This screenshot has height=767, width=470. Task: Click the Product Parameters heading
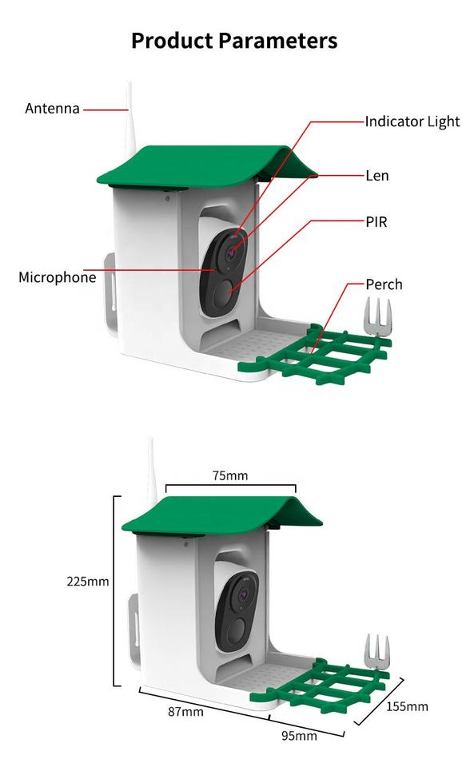pyautogui.click(x=234, y=41)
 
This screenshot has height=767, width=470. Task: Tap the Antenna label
pyautogui.click(x=53, y=108)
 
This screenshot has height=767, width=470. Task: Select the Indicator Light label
pyautogui.click(x=412, y=121)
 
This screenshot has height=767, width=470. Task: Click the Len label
pyautogui.click(x=377, y=175)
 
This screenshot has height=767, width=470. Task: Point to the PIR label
pyautogui.click(x=376, y=222)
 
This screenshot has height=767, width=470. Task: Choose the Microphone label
pyautogui.click(x=58, y=277)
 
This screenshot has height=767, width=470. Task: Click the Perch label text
pyautogui.click(x=384, y=284)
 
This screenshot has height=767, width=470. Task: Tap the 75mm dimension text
pyautogui.click(x=230, y=475)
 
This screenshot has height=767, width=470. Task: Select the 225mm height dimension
pyautogui.click(x=88, y=582)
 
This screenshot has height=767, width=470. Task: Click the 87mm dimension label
pyautogui.click(x=185, y=712)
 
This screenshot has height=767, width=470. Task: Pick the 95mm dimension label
pyautogui.click(x=299, y=736)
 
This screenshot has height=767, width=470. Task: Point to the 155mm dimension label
pyautogui.click(x=407, y=706)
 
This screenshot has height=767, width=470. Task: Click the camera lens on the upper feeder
pyautogui.click(x=230, y=253)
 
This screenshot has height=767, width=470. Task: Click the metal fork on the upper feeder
pyautogui.click(x=377, y=318)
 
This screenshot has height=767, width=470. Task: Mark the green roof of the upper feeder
pyautogui.click(x=205, y=166)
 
